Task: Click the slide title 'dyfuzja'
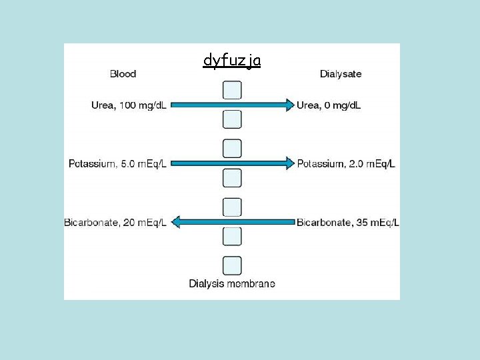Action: (232, 61)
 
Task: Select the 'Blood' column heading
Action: (123, 74)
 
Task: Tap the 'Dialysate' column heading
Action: (341, 74)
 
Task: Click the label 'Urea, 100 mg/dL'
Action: (129, 105)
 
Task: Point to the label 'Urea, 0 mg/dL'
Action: (329, 105)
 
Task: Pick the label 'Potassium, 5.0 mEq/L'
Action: (117, 164)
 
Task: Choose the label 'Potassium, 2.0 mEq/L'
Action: (346, 164)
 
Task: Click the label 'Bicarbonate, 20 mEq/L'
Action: (115, 222)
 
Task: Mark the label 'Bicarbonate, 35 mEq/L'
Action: (348, 222)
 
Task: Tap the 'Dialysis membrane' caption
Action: (232, 284)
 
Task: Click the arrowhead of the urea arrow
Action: (290, 105)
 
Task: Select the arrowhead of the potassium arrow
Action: (290, 163)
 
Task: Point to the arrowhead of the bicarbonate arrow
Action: (176, 222)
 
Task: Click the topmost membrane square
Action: (232, 90)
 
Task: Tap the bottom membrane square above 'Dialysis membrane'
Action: (232, 265)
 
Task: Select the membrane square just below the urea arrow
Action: (232, 120)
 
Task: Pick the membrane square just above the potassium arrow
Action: (232, 149)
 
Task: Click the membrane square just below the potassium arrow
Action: (232, 178)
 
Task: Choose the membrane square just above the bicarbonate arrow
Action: (232, 207)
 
